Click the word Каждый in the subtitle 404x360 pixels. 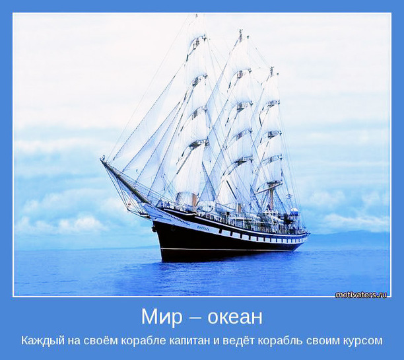(43, 341)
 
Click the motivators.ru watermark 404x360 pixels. (361, 295)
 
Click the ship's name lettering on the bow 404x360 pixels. (203, 228)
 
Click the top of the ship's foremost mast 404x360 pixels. (196, 15)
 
